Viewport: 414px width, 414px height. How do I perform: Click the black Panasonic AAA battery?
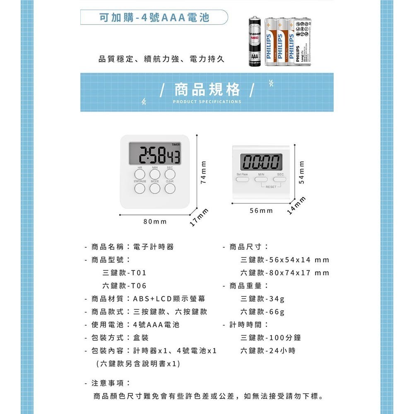tap(255, 42)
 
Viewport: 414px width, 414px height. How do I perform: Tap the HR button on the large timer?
tap(140, 174)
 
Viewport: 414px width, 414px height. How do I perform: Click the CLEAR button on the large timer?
tap(170, 189)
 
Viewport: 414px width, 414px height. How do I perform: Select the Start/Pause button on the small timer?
tap(243, 180)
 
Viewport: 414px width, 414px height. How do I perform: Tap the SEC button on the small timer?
tap(280, 180)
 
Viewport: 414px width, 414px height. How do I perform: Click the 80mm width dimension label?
tap(155, 222)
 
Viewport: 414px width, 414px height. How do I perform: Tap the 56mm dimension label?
tap(261, 211)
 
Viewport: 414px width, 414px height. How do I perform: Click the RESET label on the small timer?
tap(271, 187)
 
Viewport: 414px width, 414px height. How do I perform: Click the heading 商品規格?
tap(207, 89)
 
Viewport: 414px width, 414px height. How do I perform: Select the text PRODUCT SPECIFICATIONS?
tap(207, 101)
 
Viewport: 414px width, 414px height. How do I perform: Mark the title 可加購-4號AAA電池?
tap(155, 18)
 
